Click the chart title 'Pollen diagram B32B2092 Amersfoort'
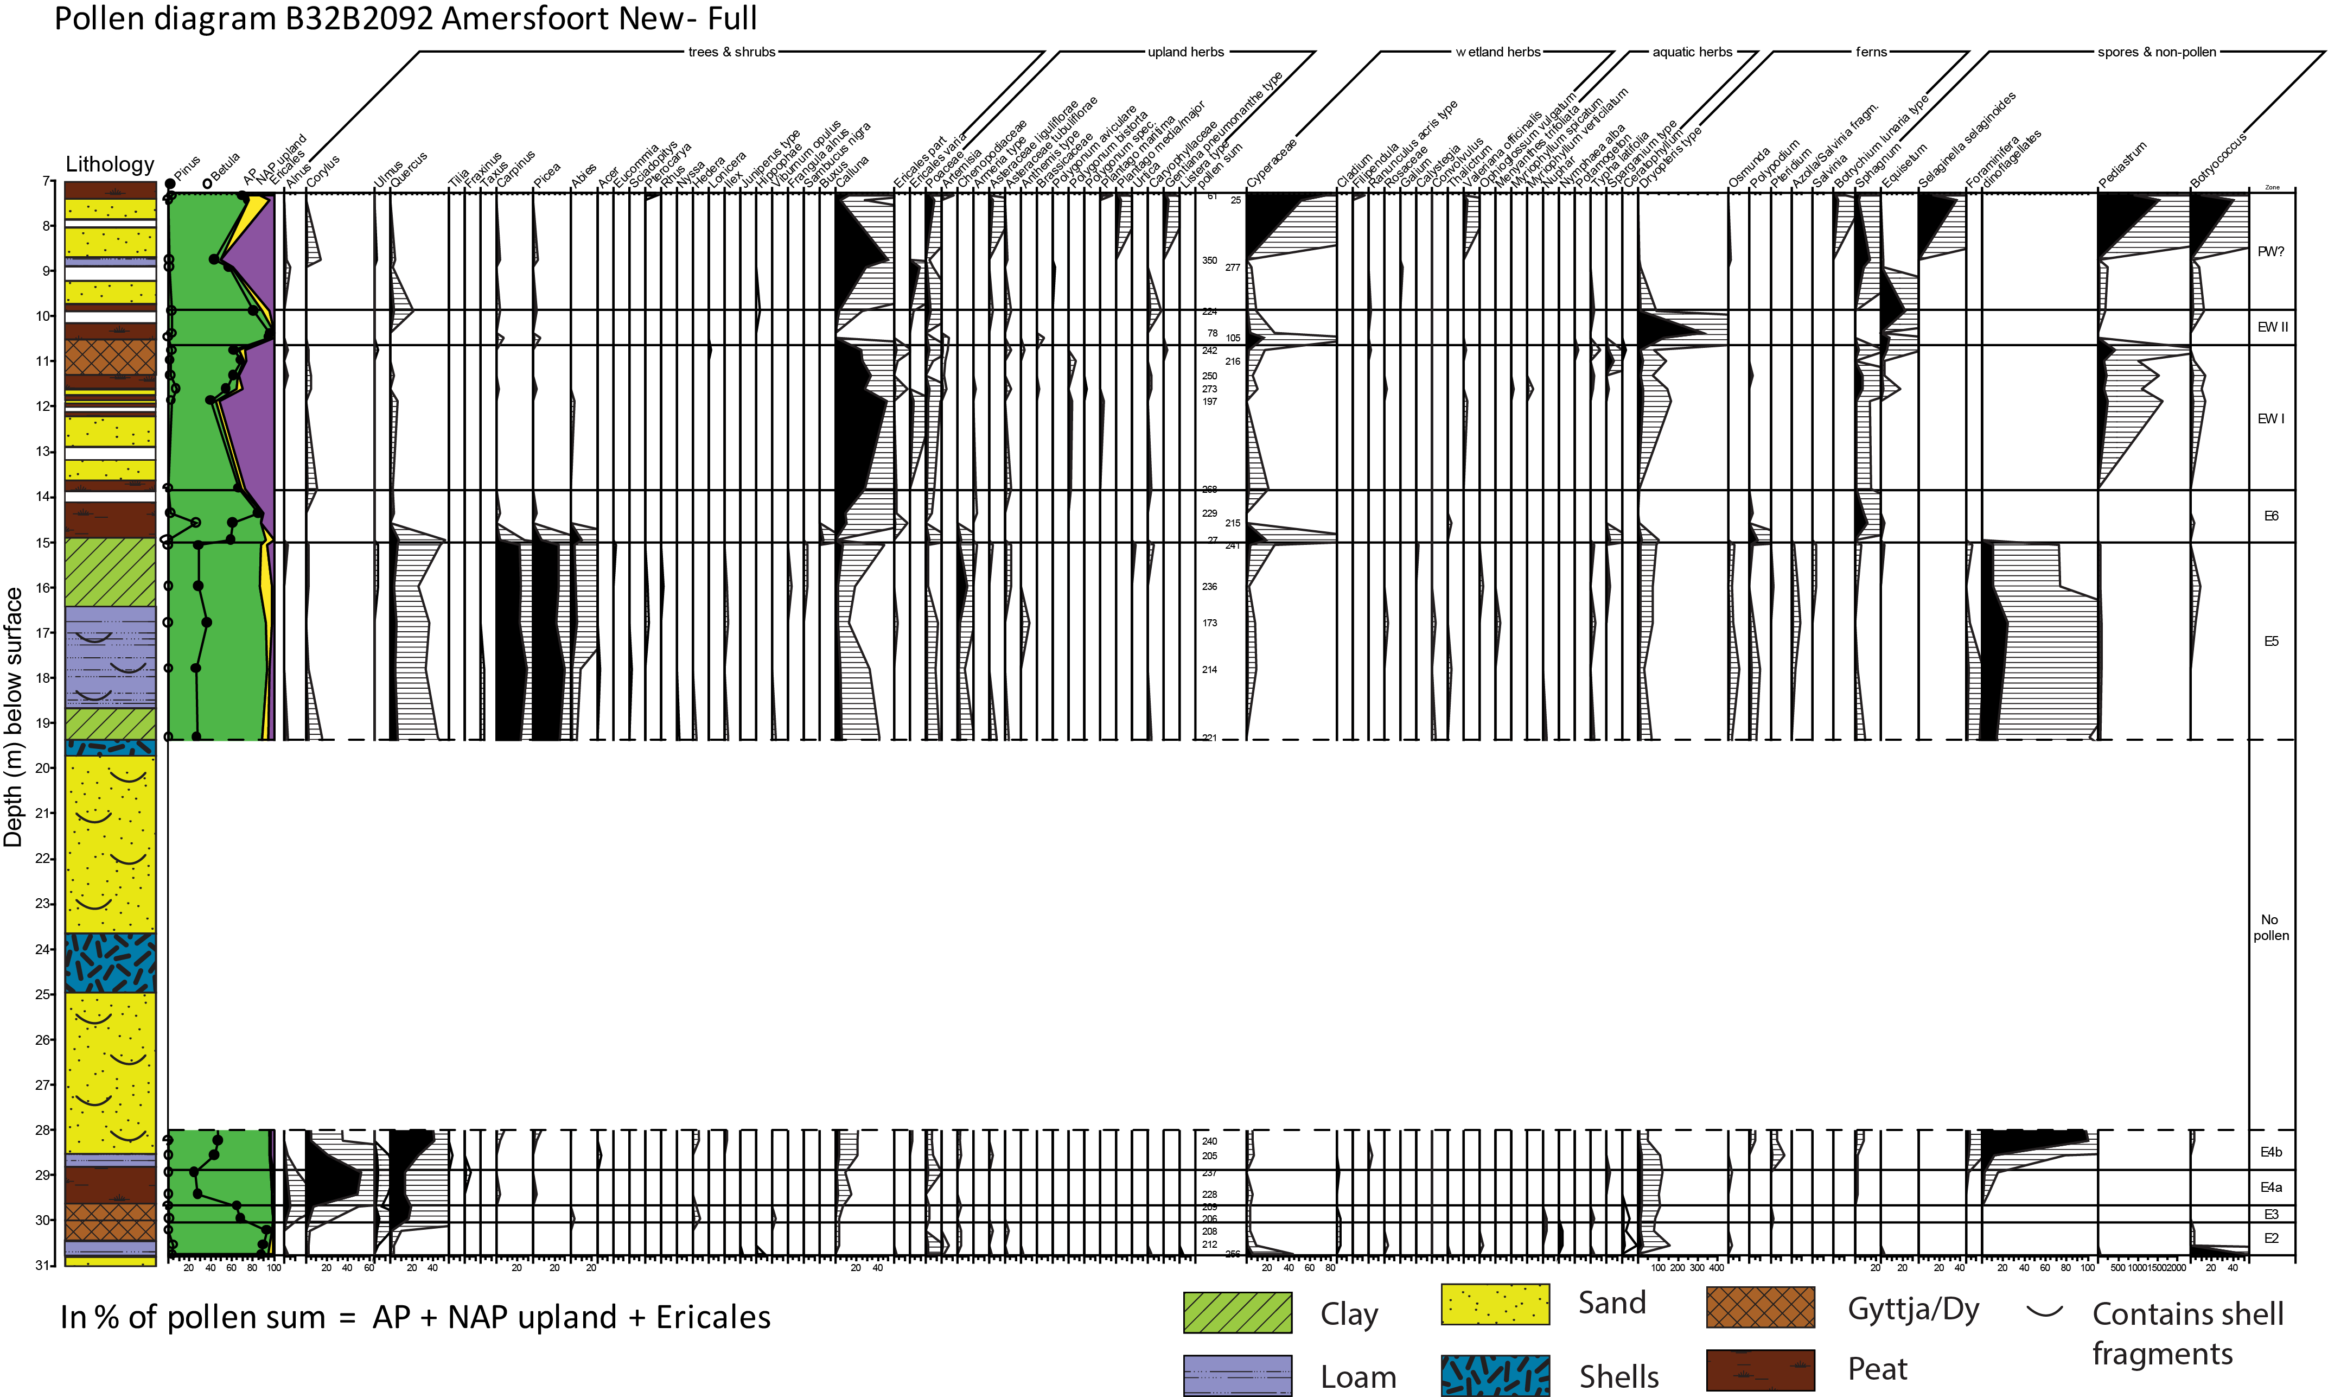click(x=405, y=19)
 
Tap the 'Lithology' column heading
click(x=109, y=165)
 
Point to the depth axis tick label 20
click(x=43, y=768)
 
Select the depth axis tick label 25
click(x=43, y=994)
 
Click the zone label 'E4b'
click(x=2270, y=1152)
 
